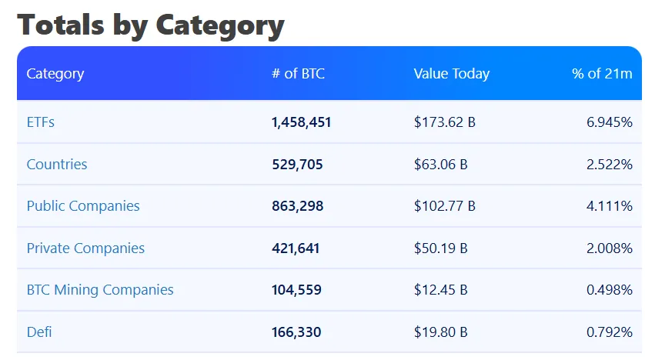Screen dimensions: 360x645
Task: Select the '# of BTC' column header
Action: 298,74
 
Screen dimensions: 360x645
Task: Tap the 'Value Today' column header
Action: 451,74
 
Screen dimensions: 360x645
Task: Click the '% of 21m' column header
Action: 602,74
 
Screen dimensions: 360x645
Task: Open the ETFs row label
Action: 40,122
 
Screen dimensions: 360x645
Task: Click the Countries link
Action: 57,164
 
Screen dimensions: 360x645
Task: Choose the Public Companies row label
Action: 83,206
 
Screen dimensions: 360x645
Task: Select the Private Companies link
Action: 85,248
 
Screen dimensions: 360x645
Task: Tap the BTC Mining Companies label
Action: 100,290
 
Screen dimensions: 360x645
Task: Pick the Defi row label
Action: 39,332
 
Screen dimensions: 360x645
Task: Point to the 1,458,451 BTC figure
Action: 302,122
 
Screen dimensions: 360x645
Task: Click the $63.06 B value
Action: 440,164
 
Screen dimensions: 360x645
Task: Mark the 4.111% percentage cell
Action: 609,206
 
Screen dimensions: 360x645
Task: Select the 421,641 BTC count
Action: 296,248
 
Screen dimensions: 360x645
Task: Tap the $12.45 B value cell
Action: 440,290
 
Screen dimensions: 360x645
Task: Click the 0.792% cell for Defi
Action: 609,332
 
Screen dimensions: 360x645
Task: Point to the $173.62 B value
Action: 444,122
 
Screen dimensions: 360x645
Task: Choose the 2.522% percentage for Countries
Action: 609,164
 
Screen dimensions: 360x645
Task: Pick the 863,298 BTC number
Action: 297,206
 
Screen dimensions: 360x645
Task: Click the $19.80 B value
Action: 440,332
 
